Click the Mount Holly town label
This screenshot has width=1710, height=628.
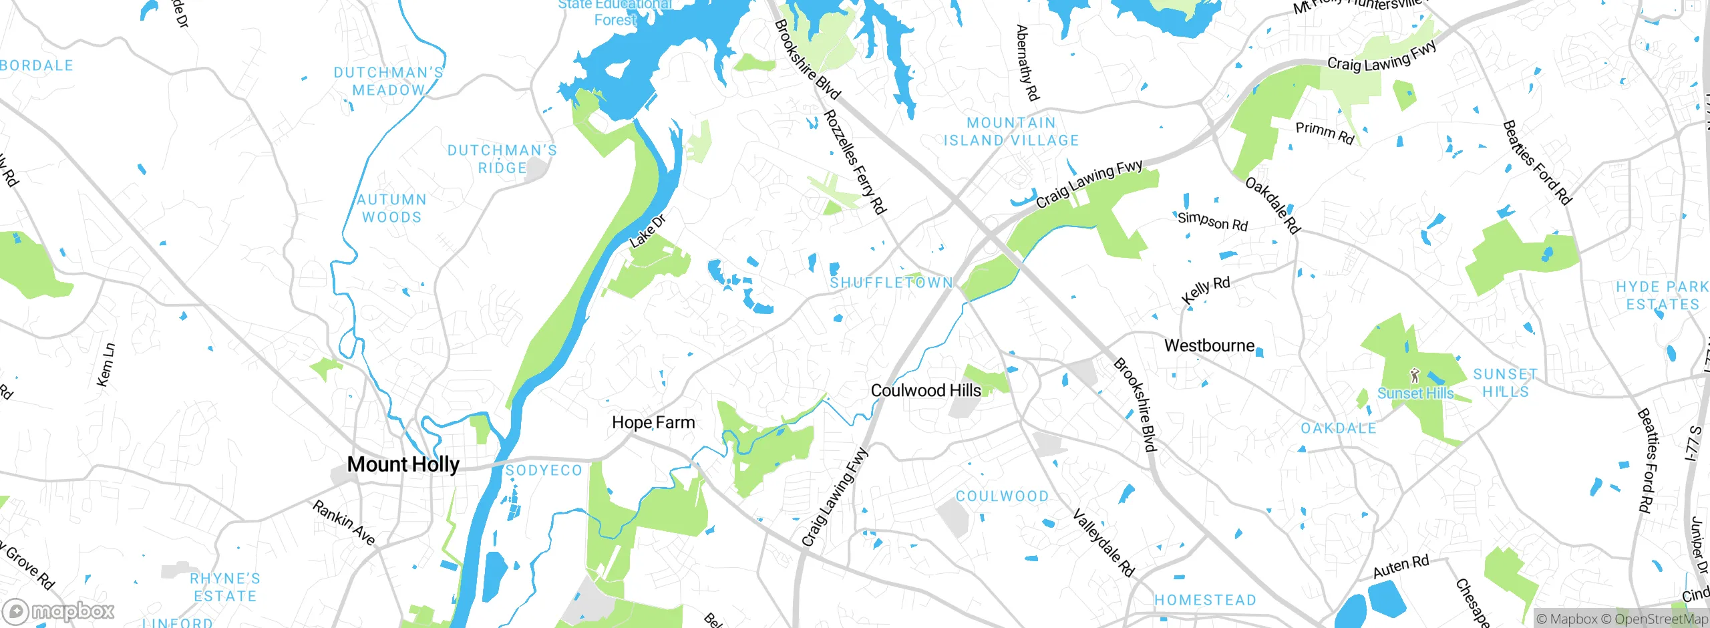click(x=403, y=464)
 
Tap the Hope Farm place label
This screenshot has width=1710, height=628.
click(x=653, y=423)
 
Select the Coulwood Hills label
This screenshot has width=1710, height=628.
click(x=926, y=391)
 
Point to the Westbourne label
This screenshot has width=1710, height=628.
click(x=1209, y=346)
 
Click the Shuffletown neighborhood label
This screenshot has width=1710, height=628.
click(x=891, y=283)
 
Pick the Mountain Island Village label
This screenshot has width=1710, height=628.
click(x=1011, y=132)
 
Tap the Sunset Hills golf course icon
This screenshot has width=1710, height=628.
click(x=1414, y=375)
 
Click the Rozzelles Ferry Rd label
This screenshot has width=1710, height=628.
click(x=854, y=162)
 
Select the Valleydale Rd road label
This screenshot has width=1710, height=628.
click(x=1103, y=542)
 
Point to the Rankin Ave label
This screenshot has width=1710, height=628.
click(x=344, y=522)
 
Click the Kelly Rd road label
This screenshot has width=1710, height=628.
click(x=1206, y=291)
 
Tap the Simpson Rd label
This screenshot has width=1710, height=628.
click(x=1212, y=220)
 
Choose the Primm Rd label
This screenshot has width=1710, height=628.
click(x=1325, y=133)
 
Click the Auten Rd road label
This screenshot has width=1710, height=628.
click(x=1401, y=567)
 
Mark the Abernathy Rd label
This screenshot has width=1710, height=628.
click(x=1027, y=63)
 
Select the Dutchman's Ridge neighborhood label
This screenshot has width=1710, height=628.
click(x=502, y=159)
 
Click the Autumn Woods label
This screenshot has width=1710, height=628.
click(x=392, y=208)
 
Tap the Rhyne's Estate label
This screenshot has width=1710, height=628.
click(x=225, y=587)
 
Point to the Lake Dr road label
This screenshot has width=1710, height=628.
click(x=648, y=232)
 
